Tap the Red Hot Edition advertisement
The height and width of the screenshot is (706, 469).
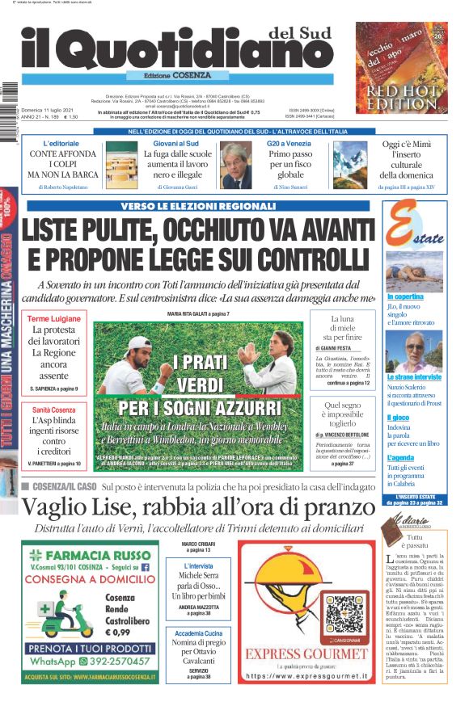tap(402, 67)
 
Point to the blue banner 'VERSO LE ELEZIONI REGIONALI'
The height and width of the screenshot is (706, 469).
tap(199, 206)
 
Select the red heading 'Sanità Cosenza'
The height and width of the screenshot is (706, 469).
tap(53, 410)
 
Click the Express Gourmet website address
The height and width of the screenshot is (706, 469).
tap(306, 675)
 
